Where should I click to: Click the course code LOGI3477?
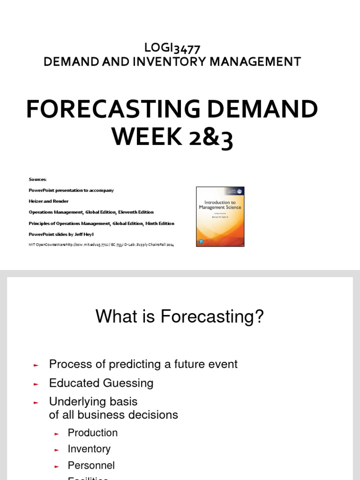[x=172, y=48]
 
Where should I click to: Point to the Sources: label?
[x=38, y=179]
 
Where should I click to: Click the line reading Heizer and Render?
[x=49, y=201]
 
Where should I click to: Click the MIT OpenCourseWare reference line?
[x=101, y=245]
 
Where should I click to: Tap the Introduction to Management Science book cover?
[x=220, y=216]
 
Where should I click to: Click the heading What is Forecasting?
[x=180, y=316]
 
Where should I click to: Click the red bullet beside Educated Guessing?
[x=36, y=384]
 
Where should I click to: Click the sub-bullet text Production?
[x=93, y=433]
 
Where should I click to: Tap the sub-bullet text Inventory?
[x=89, y=449]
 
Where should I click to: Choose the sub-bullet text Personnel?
[x=91, y=465]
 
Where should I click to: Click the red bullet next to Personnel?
[x=57, y=466]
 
